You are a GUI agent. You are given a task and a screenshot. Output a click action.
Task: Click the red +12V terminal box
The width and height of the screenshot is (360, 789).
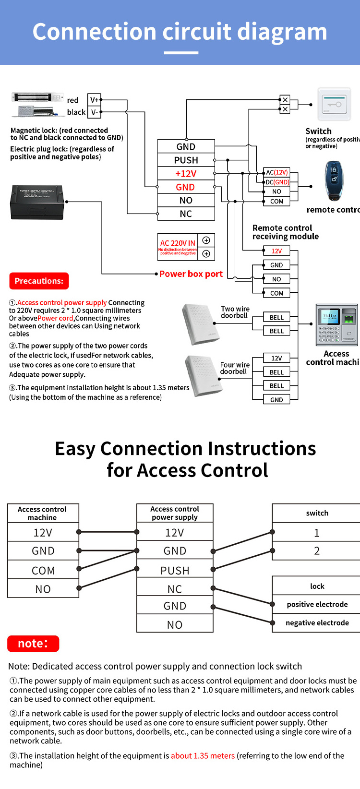click(186, 174)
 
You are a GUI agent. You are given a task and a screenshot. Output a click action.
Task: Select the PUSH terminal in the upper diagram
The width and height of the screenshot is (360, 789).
click(186, 160)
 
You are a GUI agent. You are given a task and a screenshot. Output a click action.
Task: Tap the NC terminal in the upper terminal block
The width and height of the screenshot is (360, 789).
click(186, 214)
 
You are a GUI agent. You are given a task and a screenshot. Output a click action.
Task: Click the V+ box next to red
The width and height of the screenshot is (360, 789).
click(94, 100)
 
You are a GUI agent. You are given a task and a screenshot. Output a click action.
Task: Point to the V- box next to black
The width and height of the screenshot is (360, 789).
click(94, 112)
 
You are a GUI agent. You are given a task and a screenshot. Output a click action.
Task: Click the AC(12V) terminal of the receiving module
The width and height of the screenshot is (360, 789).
click(277, 172)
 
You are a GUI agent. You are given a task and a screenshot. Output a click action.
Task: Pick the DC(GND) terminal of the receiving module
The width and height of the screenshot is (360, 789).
click(277, 182)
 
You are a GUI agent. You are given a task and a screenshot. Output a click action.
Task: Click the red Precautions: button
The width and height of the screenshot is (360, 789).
click(39, 281)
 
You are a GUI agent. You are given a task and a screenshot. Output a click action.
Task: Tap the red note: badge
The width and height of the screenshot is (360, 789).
click(33, 644)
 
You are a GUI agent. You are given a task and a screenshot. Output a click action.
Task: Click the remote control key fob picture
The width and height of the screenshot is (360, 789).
click(334, 180)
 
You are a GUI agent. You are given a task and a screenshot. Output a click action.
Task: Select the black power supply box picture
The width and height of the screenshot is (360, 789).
click(37, 203)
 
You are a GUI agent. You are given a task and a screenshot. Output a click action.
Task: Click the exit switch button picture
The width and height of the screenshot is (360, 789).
click(334, 104)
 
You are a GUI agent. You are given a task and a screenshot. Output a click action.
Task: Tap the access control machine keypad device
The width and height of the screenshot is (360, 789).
click(336, 324)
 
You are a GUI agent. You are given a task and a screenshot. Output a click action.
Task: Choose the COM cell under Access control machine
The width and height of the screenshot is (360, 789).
click(43, 571)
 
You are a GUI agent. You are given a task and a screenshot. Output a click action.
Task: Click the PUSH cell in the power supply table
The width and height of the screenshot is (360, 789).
click(175, 571)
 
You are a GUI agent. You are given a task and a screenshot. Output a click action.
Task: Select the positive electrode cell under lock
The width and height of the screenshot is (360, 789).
click(317, 604)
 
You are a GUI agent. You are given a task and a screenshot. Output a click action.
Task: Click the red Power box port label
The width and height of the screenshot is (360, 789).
click(191, 274)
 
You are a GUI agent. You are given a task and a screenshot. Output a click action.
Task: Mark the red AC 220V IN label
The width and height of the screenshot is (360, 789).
click(178, 243)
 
